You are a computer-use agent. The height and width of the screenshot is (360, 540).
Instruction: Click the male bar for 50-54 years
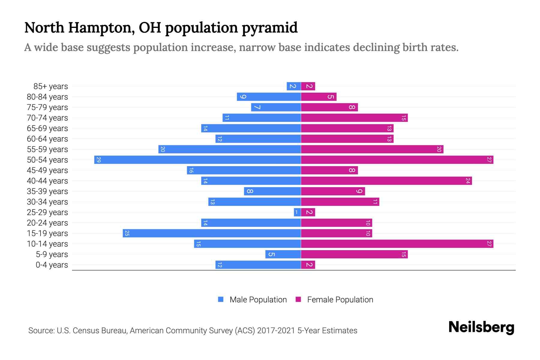click(x=197, y=160)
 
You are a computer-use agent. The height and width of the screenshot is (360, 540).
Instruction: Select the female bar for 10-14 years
click(x=397, y=244)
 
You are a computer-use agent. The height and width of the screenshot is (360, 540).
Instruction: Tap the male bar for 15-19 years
click(x=211, y=233)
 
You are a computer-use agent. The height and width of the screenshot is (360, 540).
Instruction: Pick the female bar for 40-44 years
click(x=386, y=181)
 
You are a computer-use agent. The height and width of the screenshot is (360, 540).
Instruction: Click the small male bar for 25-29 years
click(x=297, y=212)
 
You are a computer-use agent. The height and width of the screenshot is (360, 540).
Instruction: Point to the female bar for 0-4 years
click(x=308, y=265)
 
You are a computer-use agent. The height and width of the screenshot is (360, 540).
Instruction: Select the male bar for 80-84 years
click(x=269, y=97)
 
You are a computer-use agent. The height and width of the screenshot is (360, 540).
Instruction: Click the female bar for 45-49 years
click(x=329, y=170)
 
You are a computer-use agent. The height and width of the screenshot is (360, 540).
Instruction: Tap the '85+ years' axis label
click(x=50, y=86)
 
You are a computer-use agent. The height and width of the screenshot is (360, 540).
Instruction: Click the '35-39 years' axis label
click(x=47, y=191)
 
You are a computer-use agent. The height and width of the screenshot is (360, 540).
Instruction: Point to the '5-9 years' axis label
click(x=52, y=254)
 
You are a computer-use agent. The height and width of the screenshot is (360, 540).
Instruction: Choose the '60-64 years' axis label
click(x=47, y=139)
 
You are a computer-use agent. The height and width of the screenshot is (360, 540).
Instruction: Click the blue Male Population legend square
click(x=221, y=299)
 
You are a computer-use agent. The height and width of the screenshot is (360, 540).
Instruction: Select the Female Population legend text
click(x=340, y=299)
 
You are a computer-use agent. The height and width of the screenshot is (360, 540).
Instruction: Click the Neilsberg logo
click(x=481, y=327)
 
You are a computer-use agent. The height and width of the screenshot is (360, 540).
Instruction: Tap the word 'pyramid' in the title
click(x=269, y=28)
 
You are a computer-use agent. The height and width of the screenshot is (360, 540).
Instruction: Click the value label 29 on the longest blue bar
click(x=98, y=160)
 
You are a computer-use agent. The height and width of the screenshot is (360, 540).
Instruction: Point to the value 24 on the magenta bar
click(x=467, y=181)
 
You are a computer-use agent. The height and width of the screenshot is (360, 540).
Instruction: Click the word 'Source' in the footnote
click(x=41, y=331)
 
